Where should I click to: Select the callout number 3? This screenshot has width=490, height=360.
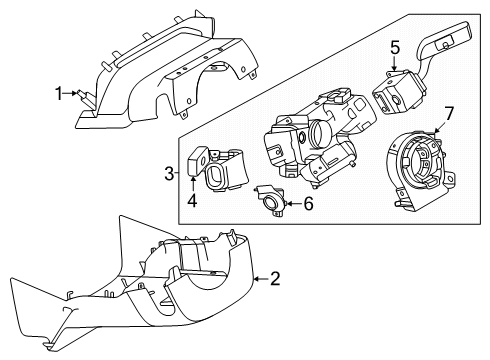click(x=170, y=173)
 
